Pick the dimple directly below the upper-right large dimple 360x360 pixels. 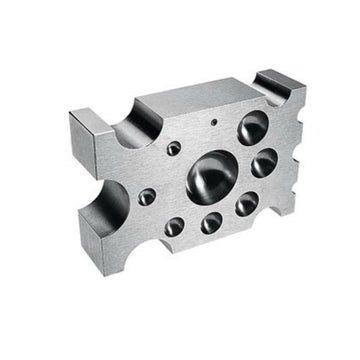(x=264, y=161)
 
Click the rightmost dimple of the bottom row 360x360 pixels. (x=246, y=204)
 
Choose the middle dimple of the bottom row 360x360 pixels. (x=211, y=220)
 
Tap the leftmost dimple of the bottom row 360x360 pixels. (x=175, y=224)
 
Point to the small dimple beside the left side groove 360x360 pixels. (x=147, y=197)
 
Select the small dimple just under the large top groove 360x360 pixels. (x=174, y=148)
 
